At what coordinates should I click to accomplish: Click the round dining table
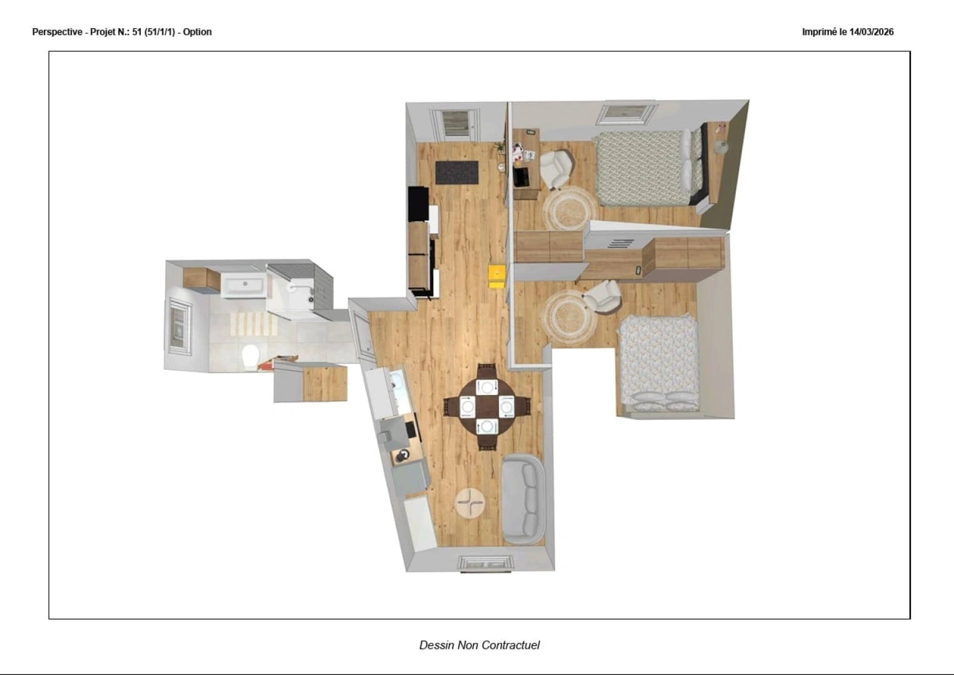coord(486,407)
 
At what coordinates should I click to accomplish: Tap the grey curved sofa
coord(524,499)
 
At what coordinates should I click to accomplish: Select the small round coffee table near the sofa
coord(469,503)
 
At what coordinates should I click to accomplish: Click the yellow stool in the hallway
coord(497,277)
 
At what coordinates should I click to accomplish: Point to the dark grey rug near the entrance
coord(457,172)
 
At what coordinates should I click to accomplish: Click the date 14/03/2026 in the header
coord(871,32)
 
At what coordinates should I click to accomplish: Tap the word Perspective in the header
coord(57,32)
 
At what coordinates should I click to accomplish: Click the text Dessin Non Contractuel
coord(480,645)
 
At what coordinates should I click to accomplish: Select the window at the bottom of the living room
coord(486,563)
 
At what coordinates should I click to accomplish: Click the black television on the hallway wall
coord(418,204)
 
